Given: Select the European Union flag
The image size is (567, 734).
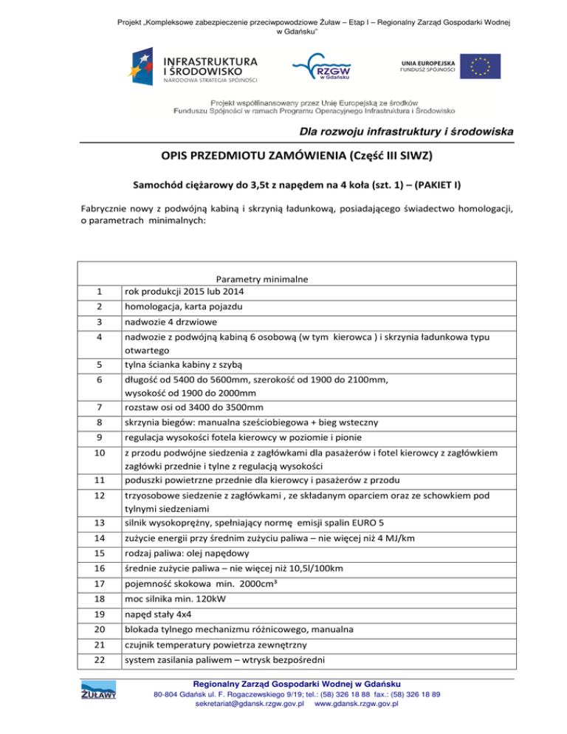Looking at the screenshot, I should point(480,67).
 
